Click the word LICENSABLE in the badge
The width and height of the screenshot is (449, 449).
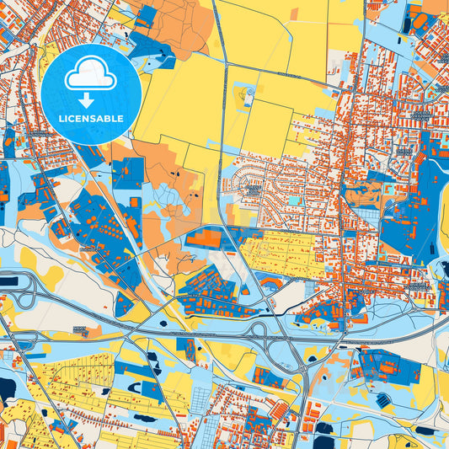[x=90, y=118]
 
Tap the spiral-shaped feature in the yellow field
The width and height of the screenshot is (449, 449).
[x=248, y=95]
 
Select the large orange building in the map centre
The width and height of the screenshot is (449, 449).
[x=202, y=239]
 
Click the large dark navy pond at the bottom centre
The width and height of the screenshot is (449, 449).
[x=323, y=427]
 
